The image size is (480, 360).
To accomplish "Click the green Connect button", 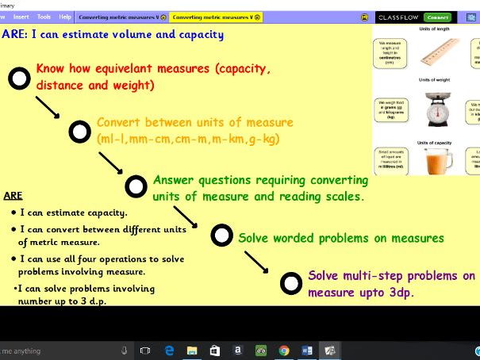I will [x=459, y=17].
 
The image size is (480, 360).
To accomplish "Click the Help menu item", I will [x=65, y=17].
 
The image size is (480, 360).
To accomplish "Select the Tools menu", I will [x=44, y=17].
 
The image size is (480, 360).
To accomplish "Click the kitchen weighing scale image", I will [x=429, y=110].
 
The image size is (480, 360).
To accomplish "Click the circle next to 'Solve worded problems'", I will [x=222, y=236].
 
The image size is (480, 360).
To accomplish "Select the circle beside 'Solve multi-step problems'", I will [x=292, y=281].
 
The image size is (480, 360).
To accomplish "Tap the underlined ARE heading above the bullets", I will [x=13, y=195].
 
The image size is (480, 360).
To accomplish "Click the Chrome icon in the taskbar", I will [x=284, y=350].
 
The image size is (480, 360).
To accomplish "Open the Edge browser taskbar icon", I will [x=168, y=350].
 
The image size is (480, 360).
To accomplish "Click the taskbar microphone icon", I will [x=124, y=350].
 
